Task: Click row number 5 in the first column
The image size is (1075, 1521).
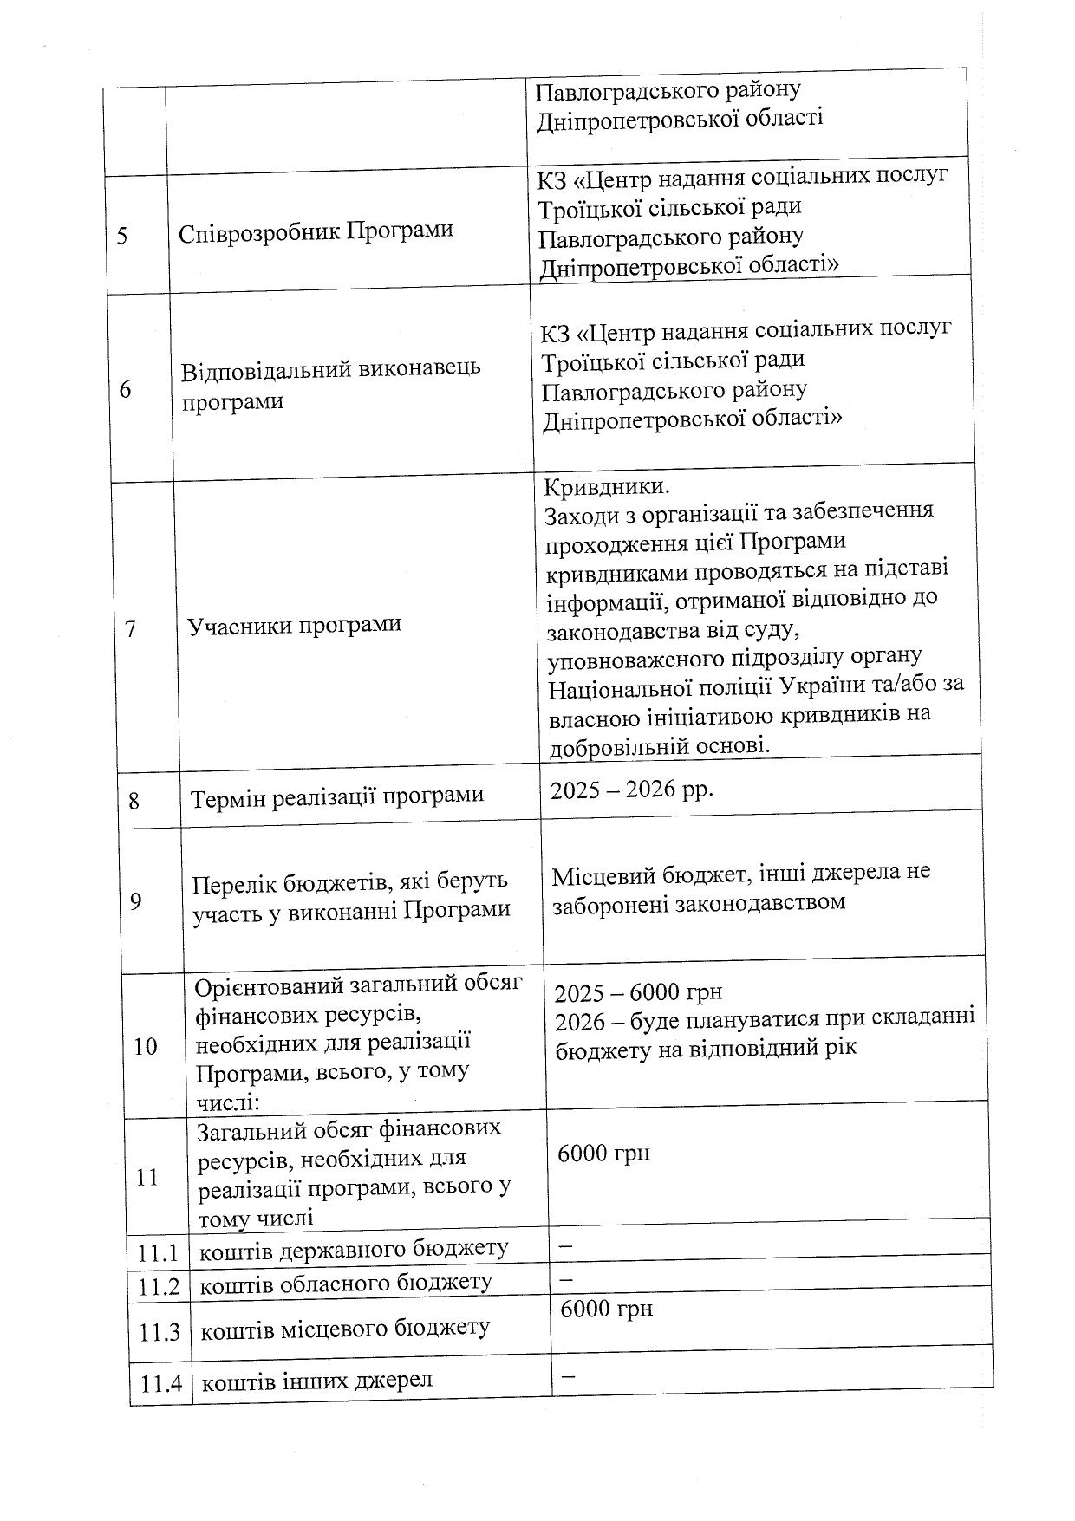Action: [x=122, y=236]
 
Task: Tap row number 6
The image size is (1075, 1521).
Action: [x=126, y=389]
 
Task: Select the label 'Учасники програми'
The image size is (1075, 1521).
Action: [x=295, y=625]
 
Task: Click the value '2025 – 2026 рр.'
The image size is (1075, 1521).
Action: [x=632, y=790]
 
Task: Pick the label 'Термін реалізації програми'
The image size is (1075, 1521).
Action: [x=337, y=796]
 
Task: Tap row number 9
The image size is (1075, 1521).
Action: [x=135, y=901]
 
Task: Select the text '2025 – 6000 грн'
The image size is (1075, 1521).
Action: [x=638, y=991]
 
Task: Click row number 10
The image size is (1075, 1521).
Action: [x=145, y=1046]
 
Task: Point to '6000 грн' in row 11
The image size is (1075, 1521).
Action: [x=603, y=1154]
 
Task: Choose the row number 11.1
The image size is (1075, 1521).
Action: [x=158, y=1252]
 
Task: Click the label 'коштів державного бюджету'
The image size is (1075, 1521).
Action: [x=354, y=1249]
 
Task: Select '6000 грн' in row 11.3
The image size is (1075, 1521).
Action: [x=606, y=1309]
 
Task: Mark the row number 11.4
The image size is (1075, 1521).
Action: [x=161, y=1383]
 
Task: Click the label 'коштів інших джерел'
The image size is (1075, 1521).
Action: [x=316, y=1381]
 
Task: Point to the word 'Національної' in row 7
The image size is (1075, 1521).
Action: [x=616, y=687]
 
